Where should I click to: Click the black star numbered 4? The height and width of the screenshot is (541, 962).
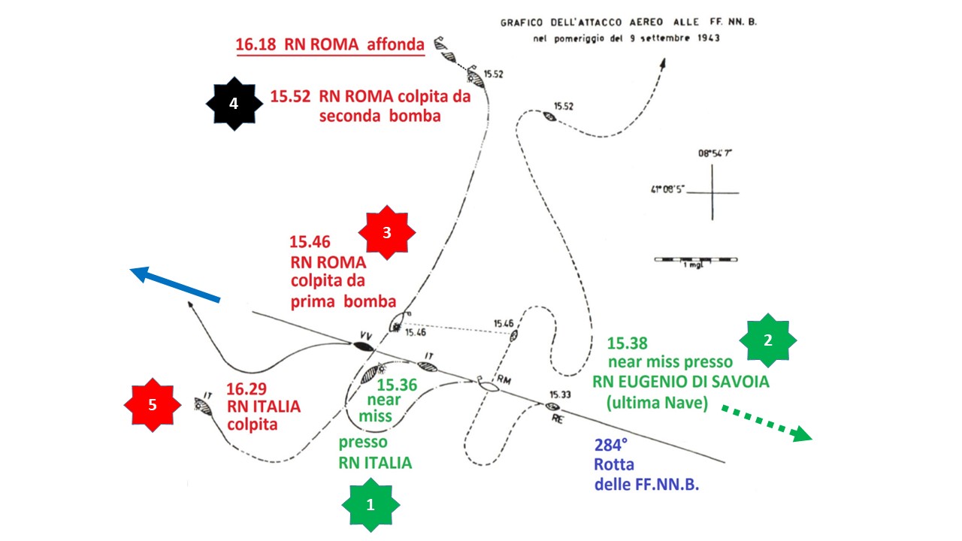pyautogui.click(x=234, y=104)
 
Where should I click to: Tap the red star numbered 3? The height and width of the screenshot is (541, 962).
pyautogui.click(x=387, y=232)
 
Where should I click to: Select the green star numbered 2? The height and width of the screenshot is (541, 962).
pyautogui.click(x=768, y=340)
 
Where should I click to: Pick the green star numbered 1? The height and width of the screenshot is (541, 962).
pyautogui.click(x=371, y=505)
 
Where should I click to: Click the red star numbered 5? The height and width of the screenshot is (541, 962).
pyautogui.click(x=153, y=405)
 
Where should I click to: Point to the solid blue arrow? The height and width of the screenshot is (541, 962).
pyautogui.click(x=175, y=285)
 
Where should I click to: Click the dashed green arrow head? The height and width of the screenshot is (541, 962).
pyautogui.click(x=802, y=434)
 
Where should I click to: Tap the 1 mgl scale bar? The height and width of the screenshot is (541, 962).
pyautogui.click(x=696, y=259)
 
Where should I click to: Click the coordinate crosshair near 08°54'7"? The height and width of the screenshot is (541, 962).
pyautogui.click(x=712, y=193)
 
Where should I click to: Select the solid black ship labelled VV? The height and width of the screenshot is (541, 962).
pyautogui.click(x=363, y=346)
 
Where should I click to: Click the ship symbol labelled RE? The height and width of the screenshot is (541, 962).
pyautogui.click(x=552, y=407)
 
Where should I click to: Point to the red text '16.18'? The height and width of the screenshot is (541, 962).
pyautogui.click(x=256, y=44)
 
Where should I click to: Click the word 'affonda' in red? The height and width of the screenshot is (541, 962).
pyautogui.click(x=395, y=44)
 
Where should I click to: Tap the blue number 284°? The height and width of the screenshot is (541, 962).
pyautogui.click(x=611, y=445)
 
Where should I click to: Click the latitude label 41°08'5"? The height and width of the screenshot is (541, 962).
pyautogui.click(x=667, y=189)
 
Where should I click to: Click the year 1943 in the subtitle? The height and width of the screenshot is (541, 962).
pyautogui.click(x=709, y=38)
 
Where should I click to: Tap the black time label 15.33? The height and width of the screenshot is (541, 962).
pyautogui.click(x=561, y=394)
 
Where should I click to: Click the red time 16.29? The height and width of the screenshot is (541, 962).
pyautogui.click(x=247, y=389)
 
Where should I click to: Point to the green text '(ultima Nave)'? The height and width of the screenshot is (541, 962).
pyautogui.click(x=657, y=403)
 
